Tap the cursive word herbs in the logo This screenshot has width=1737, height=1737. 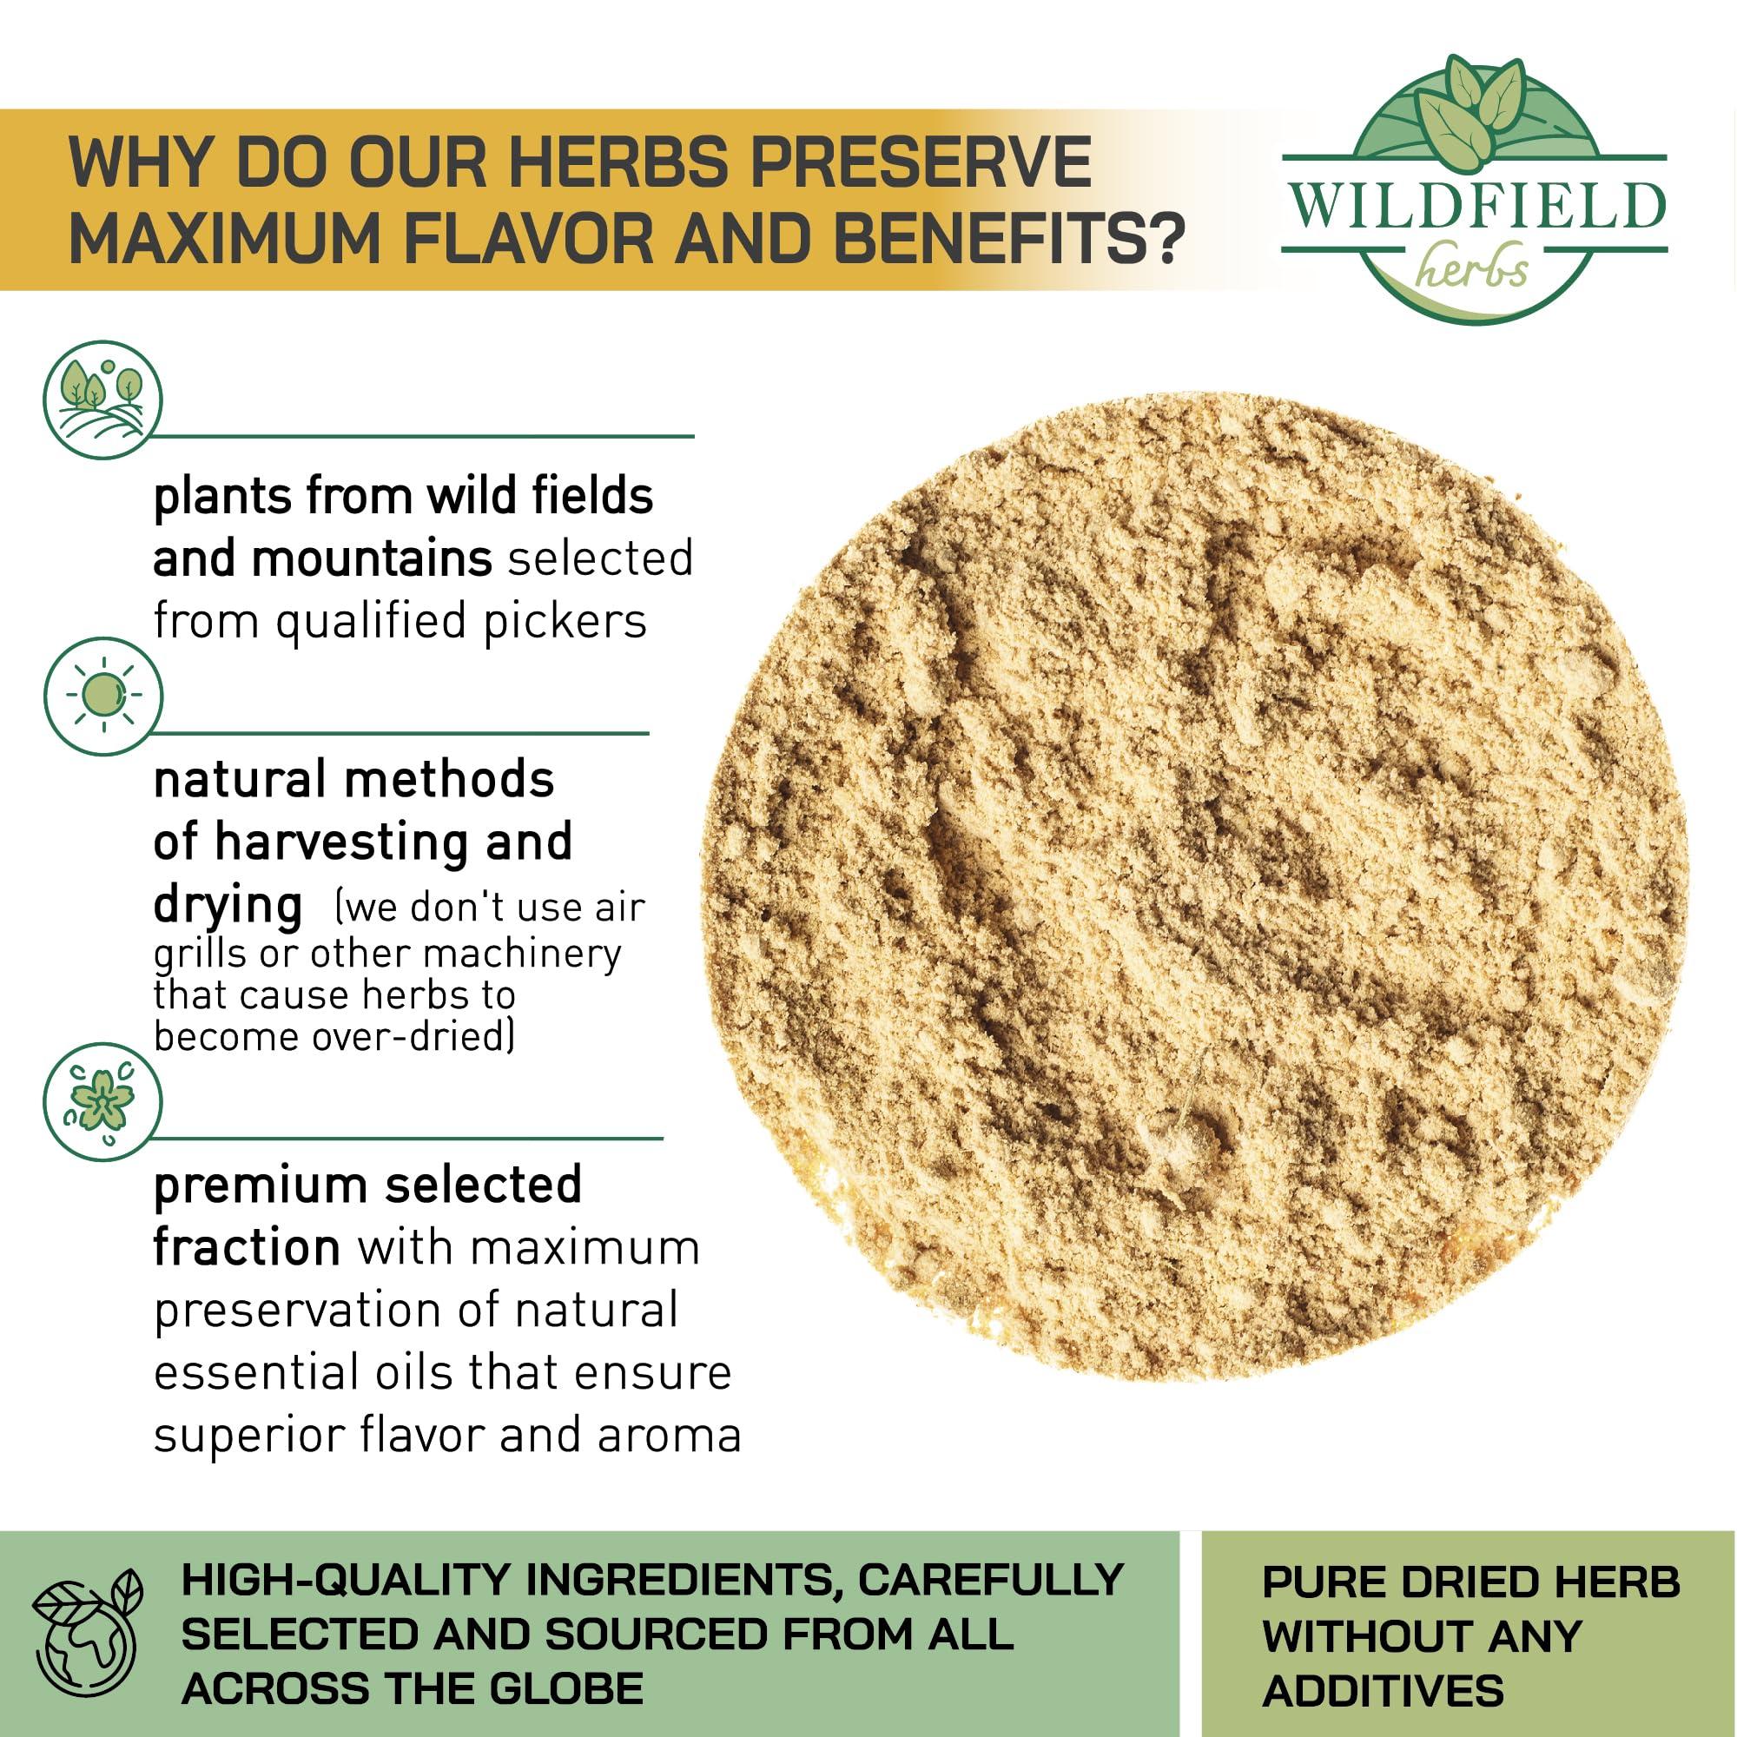pyautogui.click(x=1473, y=267)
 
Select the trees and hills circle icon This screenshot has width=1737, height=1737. pyautogui.click(x=103, y=400)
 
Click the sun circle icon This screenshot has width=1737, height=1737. pyautogui.click(x=103, y=696)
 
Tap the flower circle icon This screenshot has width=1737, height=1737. pyautogui.click(x=103, y=1102)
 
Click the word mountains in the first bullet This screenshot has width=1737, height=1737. pyautogui.click(x=372, y=558)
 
